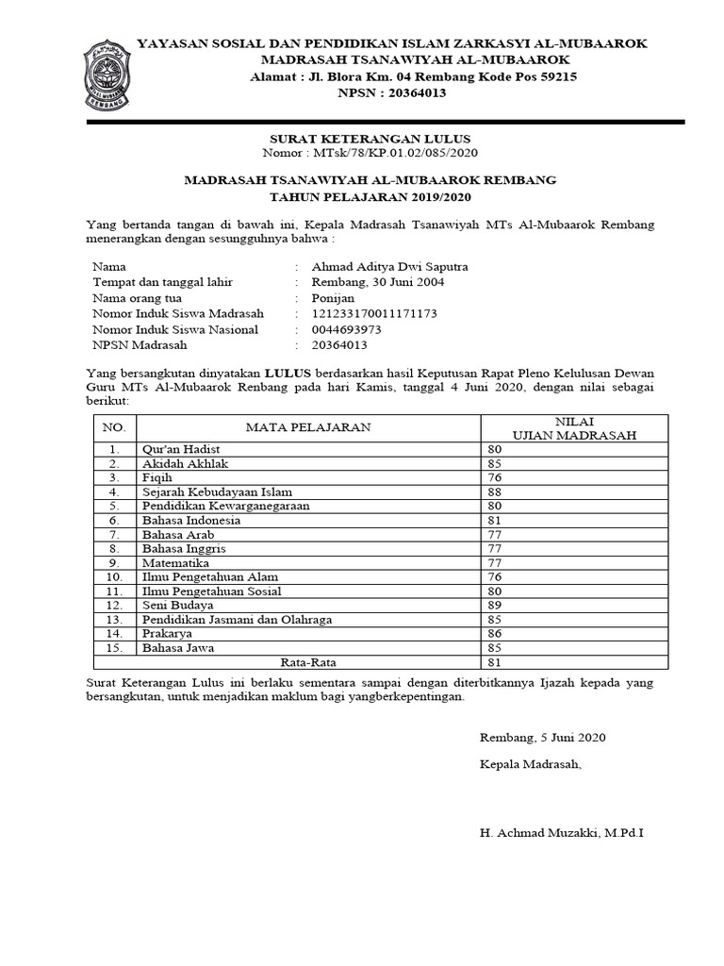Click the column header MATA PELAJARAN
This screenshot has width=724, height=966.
[x=307, y=427]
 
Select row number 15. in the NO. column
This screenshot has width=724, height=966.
[x=114, y=648]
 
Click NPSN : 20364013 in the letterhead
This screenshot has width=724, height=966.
[x=391, y=92]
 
